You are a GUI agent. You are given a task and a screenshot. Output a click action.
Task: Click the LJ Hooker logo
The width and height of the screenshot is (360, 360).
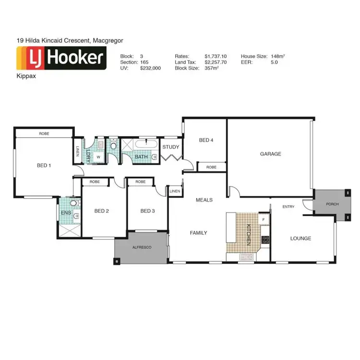(x=61, y=58)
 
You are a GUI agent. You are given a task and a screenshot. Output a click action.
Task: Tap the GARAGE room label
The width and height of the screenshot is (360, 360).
(x=270, y=154)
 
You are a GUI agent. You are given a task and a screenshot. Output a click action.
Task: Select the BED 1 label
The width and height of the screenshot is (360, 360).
(x=44, y=166)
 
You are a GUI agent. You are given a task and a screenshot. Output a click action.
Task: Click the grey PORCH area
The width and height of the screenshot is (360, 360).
(x=332, y=204)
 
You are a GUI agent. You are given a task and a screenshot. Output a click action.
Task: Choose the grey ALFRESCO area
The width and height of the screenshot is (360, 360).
(x=142, y=246)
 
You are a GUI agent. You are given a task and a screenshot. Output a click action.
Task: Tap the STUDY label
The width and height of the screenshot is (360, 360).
(x=170, y=147)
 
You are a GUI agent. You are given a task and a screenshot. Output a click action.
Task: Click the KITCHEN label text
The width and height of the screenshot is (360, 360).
(x=249, y=235)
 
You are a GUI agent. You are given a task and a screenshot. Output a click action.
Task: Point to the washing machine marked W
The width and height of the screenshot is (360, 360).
(x=98, y=156)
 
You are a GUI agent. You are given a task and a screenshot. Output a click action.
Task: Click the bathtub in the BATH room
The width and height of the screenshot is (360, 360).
(x=144, y=144)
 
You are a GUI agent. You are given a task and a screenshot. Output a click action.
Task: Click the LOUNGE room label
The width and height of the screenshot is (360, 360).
(x=300, y=238)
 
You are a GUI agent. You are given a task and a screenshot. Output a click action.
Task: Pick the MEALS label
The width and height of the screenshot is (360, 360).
(x=204, y=200)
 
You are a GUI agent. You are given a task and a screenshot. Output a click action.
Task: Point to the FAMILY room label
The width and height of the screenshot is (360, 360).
(x=198, y=233)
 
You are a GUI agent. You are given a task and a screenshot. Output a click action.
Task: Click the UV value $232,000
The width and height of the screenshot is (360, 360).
(x=150, y=69)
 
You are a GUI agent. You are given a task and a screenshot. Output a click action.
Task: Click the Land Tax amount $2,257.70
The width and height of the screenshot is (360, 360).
(x=215, y=62)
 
